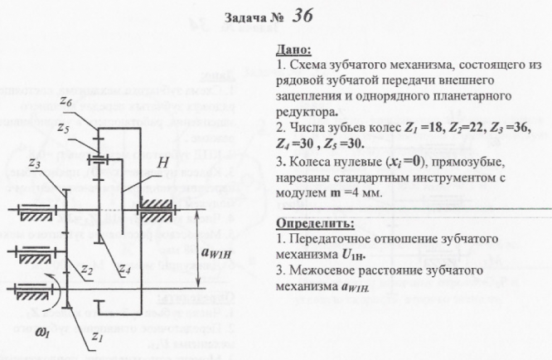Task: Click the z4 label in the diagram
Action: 125,270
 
